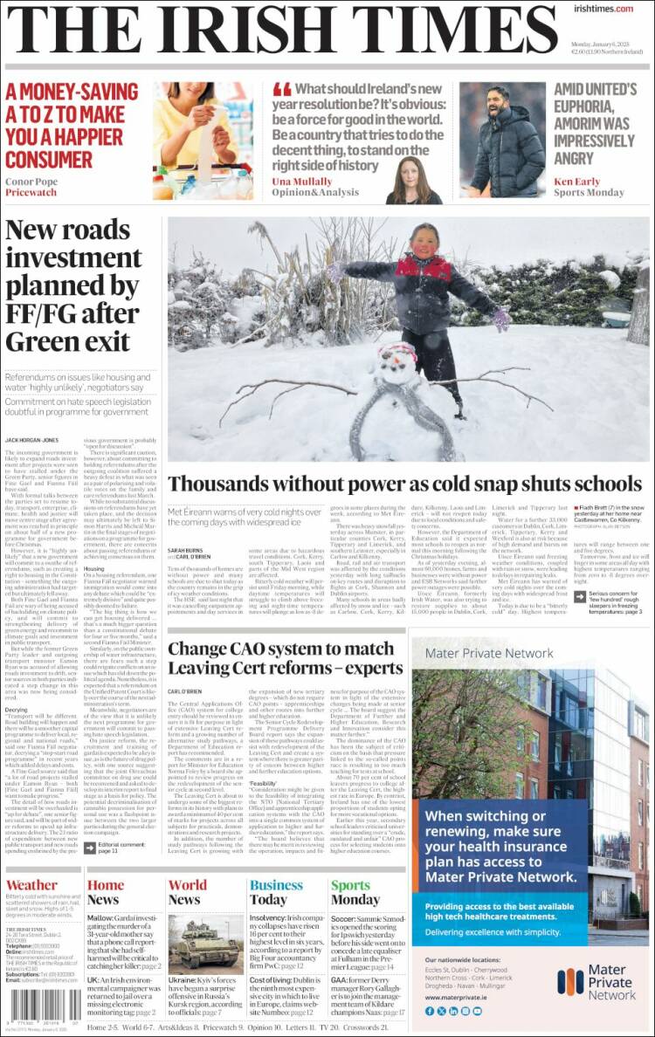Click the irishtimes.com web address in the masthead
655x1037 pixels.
pos(604,9)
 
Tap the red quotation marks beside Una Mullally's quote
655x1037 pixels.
pos(281,90)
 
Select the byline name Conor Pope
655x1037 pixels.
pos(32,182)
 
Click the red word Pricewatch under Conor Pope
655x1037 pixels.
pos(31,194)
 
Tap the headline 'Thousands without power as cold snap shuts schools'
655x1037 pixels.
pos(404,484)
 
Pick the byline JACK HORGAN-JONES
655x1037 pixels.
pos(33,441)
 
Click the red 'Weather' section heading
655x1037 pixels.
pos(31,885)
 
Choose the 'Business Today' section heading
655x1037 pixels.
pos(276,892)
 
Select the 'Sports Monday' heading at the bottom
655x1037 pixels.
pos(355,892)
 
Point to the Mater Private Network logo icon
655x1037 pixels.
pos(570,981)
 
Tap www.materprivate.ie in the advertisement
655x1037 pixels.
pos(457,996)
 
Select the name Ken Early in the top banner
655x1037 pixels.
pos(576,182)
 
